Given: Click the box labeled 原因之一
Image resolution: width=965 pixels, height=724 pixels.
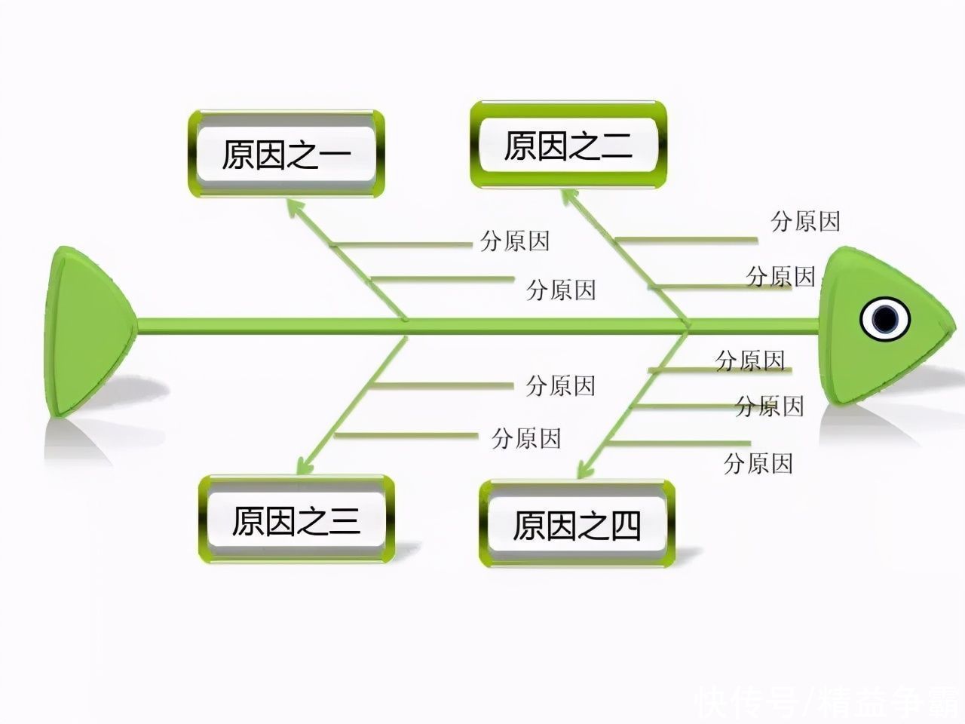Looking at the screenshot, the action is pyautogui.click(x=286, y=154).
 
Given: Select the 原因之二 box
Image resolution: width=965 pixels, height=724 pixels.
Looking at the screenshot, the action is pyautogui.click(x=568, y=145).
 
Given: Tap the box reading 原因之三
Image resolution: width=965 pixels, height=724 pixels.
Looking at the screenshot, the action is pyautogui.click(x=296, y=519).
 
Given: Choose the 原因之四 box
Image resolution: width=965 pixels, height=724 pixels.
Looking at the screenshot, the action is pyautogui.click(x=577, y=524).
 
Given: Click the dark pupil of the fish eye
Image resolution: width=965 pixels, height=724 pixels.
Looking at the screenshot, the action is pyautogui.click(x=884, y=319).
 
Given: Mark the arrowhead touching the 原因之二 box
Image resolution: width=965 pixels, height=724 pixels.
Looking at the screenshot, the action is pyautogui.click(x=571, y=198).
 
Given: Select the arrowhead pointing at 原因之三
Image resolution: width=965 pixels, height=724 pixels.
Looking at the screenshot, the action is pyautogui.click(x=305, y=465).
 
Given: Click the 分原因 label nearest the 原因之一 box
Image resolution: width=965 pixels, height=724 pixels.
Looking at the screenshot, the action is pyautogui.click(x=515, y=241).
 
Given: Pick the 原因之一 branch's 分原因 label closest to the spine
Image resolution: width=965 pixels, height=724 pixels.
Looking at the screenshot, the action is pyautogui.click(x=561, y=290).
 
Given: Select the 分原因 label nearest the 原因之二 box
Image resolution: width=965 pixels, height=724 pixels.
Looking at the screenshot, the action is pyautogui.click(x=805, y=221).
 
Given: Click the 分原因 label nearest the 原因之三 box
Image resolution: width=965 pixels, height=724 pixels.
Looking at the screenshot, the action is pyautogui.click(x=526, y=438).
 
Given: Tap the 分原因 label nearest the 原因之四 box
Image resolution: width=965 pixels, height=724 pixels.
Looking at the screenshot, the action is pyautogui.click(x=758, y=463).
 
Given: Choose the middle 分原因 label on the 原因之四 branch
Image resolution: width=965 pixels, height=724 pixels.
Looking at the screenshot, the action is pyautogui.click(x=770, y=406).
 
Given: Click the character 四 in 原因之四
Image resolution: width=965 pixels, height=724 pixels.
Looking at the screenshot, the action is pyautogui.click(x=626, y=526).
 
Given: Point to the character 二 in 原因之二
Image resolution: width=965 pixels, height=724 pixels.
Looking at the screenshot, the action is pyautogui.click(x=617, y=146).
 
